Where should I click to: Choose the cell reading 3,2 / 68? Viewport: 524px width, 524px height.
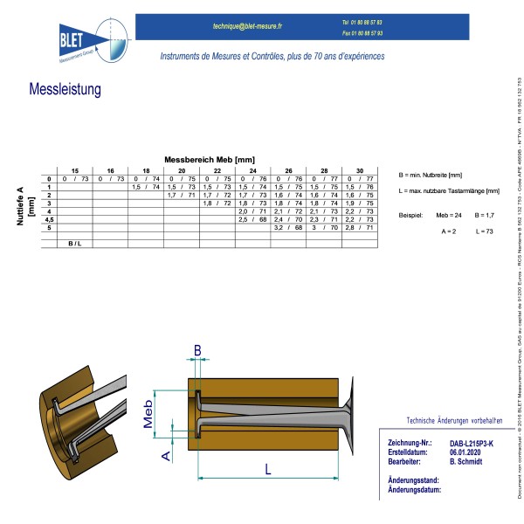tap(288, 227)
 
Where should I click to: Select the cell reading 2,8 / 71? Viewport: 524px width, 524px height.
tap(360, 227)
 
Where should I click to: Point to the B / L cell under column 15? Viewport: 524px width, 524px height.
tap(75, 243)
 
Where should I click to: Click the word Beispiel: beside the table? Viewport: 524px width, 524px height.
tap(410, 215)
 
